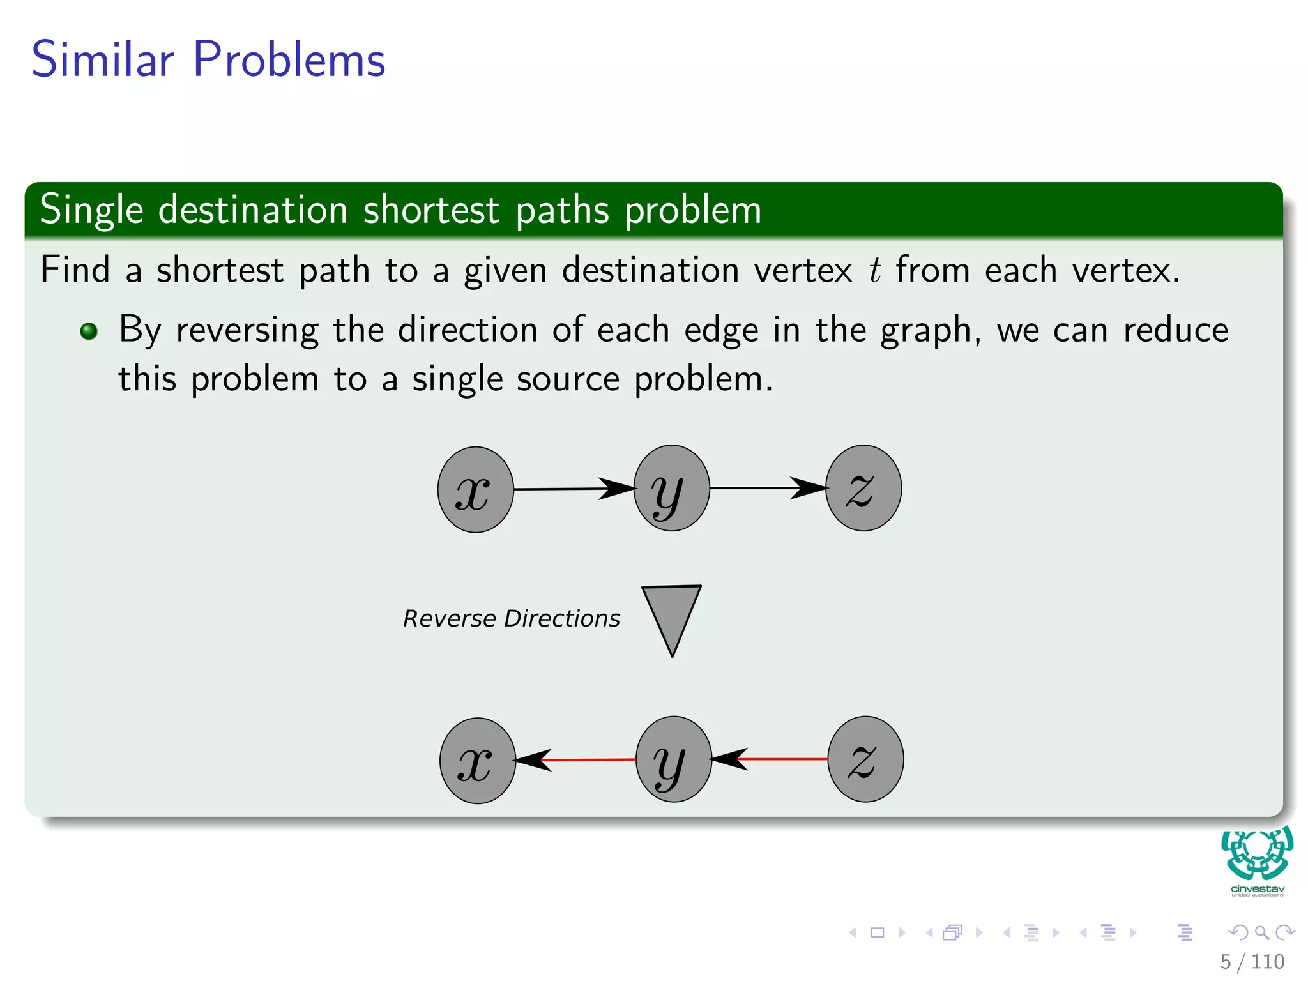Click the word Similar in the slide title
[x=102, y=59]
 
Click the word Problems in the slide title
[x=289, y=59]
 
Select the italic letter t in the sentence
[x=874, y=270]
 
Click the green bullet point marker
[x=89, y=331]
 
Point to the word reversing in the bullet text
[x=247, y=331]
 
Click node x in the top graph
[x=475, y=489]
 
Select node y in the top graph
[x=671, y=489]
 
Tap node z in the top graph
[x=863, y=488]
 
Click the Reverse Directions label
[x=511, y=618]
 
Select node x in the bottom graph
[x=477, y=760]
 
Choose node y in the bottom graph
[x=673, y=759]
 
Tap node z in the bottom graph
[x=865, y=759]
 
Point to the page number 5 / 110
[x=1252, y=961]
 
